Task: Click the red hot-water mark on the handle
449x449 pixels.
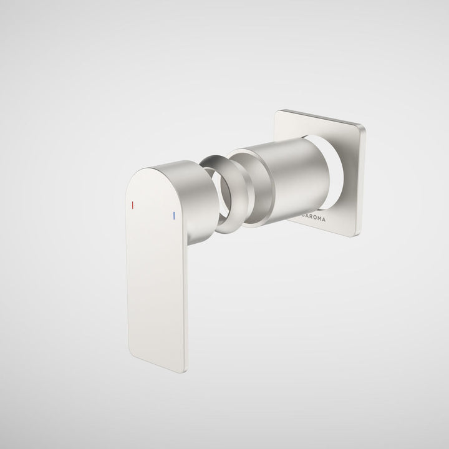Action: point(133,205)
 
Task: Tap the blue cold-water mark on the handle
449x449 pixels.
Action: point(174,216)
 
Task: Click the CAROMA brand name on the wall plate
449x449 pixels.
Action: point(314,218)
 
